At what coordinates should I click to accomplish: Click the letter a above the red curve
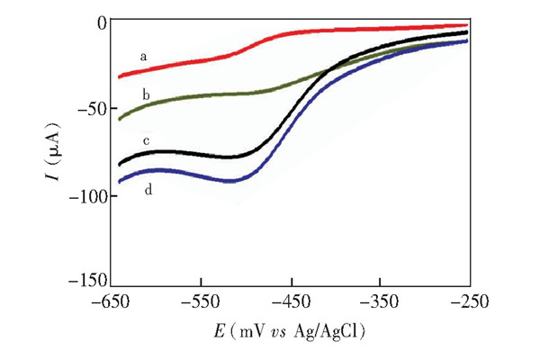[x=143, y=58]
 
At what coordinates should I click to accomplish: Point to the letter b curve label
[x=145, y=93]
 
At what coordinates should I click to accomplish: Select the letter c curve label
[x=145, y=141]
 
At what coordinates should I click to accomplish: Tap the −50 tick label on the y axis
[x=92, y=108]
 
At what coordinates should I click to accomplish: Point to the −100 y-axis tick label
[x=88, y=195]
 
